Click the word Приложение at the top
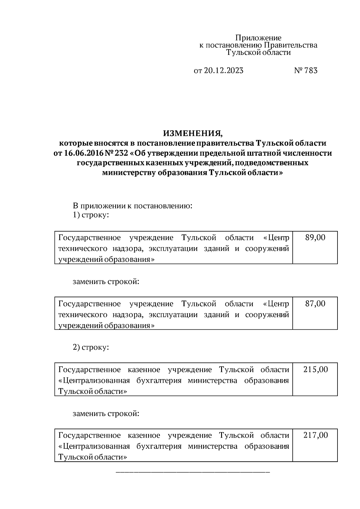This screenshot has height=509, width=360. (x=258, y=38)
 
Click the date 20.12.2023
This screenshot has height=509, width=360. (x=224, y=70)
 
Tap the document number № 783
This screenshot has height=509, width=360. (x=305, y=70)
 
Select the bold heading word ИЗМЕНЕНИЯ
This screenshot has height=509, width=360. (x=193, y=133)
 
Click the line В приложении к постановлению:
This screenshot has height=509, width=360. (x=132, y=206)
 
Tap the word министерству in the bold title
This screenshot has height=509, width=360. (x=129, y=173)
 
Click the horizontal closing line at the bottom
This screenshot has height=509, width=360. (x=193, y=472)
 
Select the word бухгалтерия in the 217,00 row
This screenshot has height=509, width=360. (x=159, y=446)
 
